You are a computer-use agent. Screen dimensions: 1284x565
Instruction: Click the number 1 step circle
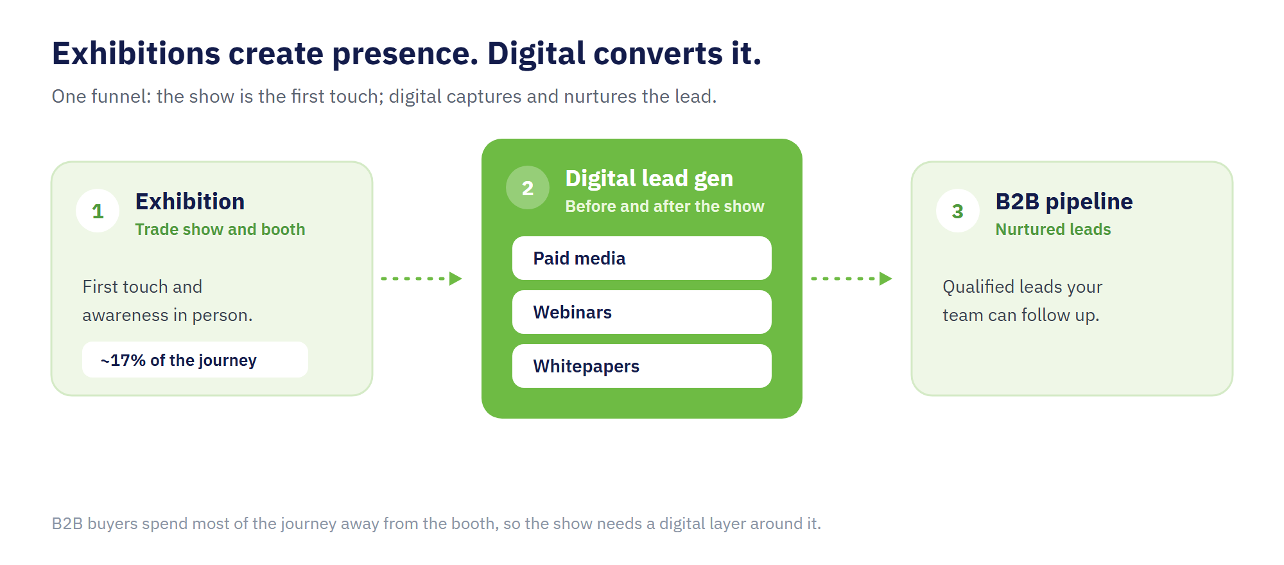(98, 211)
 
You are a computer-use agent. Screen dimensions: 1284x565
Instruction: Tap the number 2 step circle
(528, 187)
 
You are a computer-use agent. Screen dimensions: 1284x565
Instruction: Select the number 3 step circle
(958, 211)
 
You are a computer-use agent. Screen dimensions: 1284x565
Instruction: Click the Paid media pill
(642, 258)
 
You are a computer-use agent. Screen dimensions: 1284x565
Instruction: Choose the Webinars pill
(642, 312)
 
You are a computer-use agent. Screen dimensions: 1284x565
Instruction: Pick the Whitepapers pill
(642, 366)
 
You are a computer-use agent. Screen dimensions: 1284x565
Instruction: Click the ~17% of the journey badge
(195, 360)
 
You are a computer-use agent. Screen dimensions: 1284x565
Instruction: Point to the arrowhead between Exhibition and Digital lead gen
(456, 279)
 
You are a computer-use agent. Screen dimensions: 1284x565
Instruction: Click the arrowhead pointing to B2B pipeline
(886, 279)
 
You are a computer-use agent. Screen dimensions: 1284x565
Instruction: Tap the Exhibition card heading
(190, 202)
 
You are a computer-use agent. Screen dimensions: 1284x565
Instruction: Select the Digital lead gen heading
(649, 178)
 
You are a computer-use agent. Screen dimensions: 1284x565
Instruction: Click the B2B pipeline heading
(1064, 202)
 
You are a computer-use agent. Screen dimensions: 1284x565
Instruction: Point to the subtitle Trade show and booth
(220, 229)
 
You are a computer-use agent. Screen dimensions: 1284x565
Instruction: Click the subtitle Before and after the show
(664, 206)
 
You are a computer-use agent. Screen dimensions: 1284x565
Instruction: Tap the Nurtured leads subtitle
(1053, 229)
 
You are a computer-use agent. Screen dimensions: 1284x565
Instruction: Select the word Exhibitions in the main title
(136, 53)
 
